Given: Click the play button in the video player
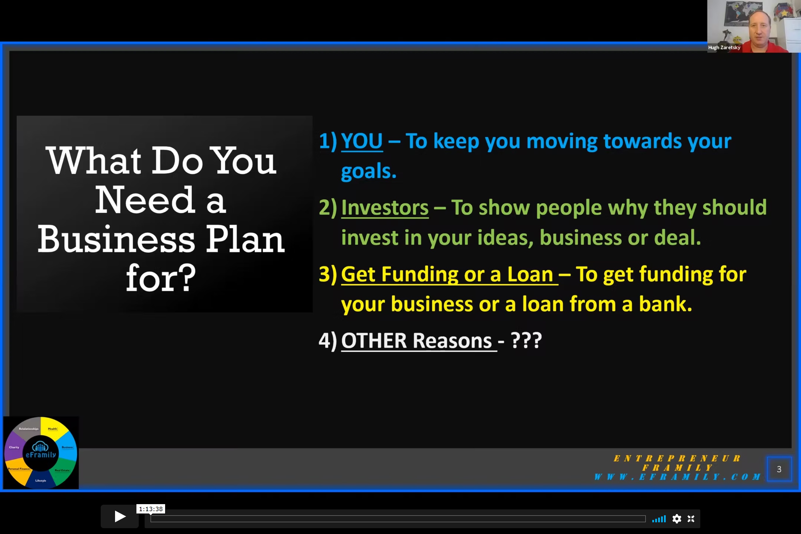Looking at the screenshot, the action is click(x=119, y=516).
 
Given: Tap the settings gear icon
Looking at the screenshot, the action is click(x=677, y=519).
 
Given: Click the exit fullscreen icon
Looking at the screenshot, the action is click(x=691, y=519).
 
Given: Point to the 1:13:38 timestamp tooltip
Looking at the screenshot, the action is click(x=151, y=509).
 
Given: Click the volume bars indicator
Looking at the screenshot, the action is click(x=659, y=519).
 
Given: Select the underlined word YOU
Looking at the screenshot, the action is click(x=362, y=141).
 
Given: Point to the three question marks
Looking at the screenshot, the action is click(x=526, y=340).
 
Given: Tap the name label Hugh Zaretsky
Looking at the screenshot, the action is click(x=724, y=48).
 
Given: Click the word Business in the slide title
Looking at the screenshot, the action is click(x=116, y=239).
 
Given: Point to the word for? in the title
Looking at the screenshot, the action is click(x=161, y=278).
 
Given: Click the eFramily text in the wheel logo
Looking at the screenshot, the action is click(x=41, y=455).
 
